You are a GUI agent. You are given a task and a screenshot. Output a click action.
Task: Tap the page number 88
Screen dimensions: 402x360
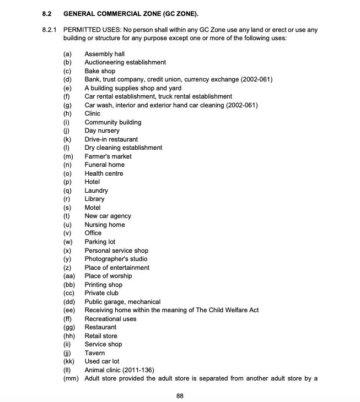180,395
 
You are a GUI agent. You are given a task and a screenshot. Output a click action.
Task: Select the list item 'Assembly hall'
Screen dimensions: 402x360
104,54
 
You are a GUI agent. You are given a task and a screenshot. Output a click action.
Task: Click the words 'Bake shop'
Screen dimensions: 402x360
100,71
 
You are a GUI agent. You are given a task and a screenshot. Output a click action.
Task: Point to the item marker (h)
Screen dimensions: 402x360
67,113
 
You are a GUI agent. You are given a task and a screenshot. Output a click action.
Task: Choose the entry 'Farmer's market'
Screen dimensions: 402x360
108,156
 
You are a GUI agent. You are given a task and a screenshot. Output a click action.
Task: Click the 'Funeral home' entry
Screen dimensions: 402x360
104,165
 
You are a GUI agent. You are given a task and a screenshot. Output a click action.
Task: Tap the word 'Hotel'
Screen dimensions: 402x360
93,182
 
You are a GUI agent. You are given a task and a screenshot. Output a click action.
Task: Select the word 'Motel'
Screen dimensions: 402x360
93,208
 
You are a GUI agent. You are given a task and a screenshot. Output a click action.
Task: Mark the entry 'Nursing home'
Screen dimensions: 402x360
105,225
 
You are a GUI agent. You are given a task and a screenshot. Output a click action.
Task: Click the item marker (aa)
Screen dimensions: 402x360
69,276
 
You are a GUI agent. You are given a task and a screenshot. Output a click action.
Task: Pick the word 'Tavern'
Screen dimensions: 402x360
94,353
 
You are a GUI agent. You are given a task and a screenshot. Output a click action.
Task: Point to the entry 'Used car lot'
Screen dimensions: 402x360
102,361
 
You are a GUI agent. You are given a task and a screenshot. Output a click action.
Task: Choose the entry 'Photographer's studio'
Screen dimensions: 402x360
116,259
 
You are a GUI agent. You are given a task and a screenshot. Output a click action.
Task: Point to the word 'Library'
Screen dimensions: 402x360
94,199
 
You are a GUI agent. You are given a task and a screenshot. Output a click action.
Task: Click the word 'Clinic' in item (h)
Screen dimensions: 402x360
93,113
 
